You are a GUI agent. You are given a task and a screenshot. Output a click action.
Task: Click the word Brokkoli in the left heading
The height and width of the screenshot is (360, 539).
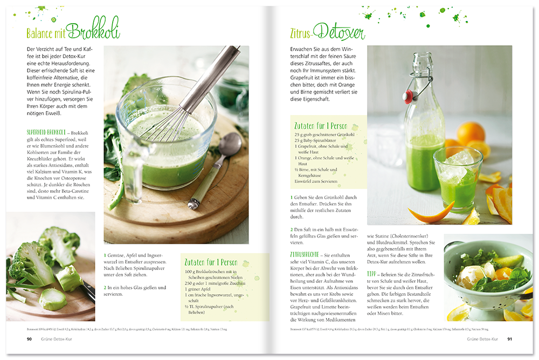tap(93, 30)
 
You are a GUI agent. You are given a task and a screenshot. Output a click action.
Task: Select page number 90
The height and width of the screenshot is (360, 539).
tap(29, 339)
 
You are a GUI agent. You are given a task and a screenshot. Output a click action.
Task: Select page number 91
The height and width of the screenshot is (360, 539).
tap(509, 339)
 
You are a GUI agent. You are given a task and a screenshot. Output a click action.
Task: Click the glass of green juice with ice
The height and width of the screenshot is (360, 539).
tap(457, 178)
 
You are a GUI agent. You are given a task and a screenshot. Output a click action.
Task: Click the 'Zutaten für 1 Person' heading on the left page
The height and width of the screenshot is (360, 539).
tap(211, 262)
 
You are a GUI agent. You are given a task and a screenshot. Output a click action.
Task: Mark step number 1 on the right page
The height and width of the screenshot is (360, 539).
tap(292, 198)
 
